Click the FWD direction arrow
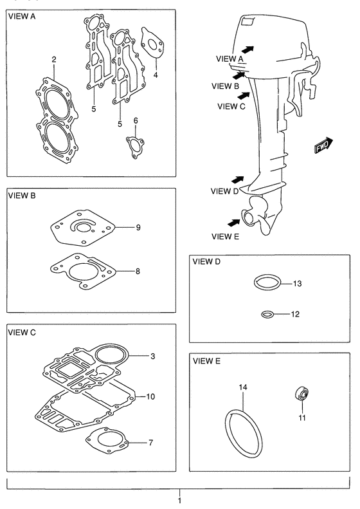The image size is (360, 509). pyautogui.click(x=323, y=145)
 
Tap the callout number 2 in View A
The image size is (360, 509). pyautogui.click(x=54, y=59)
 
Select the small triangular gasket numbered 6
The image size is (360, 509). pyautogui.click(x=135, y=147)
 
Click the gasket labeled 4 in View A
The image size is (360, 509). pyautogui.click(x=152, y=43)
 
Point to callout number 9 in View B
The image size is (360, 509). pyautogui.click(x=138, y=227)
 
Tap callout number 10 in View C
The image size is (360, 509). pyautogui.click(x=150, y=396)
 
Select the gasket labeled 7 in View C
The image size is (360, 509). pyautogui.click(x=107, y=441)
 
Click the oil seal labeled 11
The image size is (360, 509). pyautogui.click(x=302, y=393)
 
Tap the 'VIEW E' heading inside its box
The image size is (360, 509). pyautogui.click(x=206, y=361)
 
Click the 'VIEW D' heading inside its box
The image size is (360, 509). pyautogui.click(x=206, y=262)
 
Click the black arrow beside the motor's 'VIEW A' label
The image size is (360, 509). pyautogui.click(x=248, y=50)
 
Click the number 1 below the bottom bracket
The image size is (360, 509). pyautogui.click(x=179, y=500)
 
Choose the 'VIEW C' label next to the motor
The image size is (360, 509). pyautogui.click(x=231, y=106)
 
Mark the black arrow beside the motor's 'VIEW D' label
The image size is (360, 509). pyautogui.click(x=238, y=180)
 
